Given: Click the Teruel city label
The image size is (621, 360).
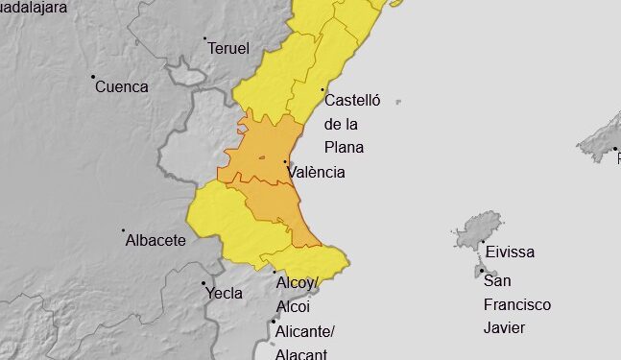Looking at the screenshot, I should tap(228, 48).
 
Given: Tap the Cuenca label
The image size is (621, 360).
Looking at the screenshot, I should tap(122, 86).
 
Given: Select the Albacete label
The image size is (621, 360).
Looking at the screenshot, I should tap(155, 240).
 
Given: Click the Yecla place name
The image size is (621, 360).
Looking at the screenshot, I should tap(224, 293).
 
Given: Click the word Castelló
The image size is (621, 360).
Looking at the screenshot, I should tap(353, 100).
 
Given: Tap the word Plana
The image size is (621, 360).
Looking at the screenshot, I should tap(344, 148).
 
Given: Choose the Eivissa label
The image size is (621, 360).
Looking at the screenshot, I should tap(510, 252).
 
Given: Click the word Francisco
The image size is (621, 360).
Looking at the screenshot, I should tap(517, 304).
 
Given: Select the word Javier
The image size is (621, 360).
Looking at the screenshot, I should tap(505, 328).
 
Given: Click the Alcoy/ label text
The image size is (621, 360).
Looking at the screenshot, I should tap(296, 283).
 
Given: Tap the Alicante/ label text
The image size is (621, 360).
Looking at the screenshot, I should tap(304, 332).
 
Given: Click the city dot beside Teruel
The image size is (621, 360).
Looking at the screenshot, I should tap(205, 39).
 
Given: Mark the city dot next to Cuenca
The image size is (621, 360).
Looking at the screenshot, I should tap(93, 77).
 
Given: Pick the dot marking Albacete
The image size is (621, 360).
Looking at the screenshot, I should tap(124, 230).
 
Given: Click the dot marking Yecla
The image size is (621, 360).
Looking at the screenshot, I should tap(203, 283).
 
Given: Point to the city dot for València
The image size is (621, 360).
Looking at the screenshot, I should tap(285, 162).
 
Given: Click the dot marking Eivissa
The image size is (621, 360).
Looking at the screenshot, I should tap(483, 243).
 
